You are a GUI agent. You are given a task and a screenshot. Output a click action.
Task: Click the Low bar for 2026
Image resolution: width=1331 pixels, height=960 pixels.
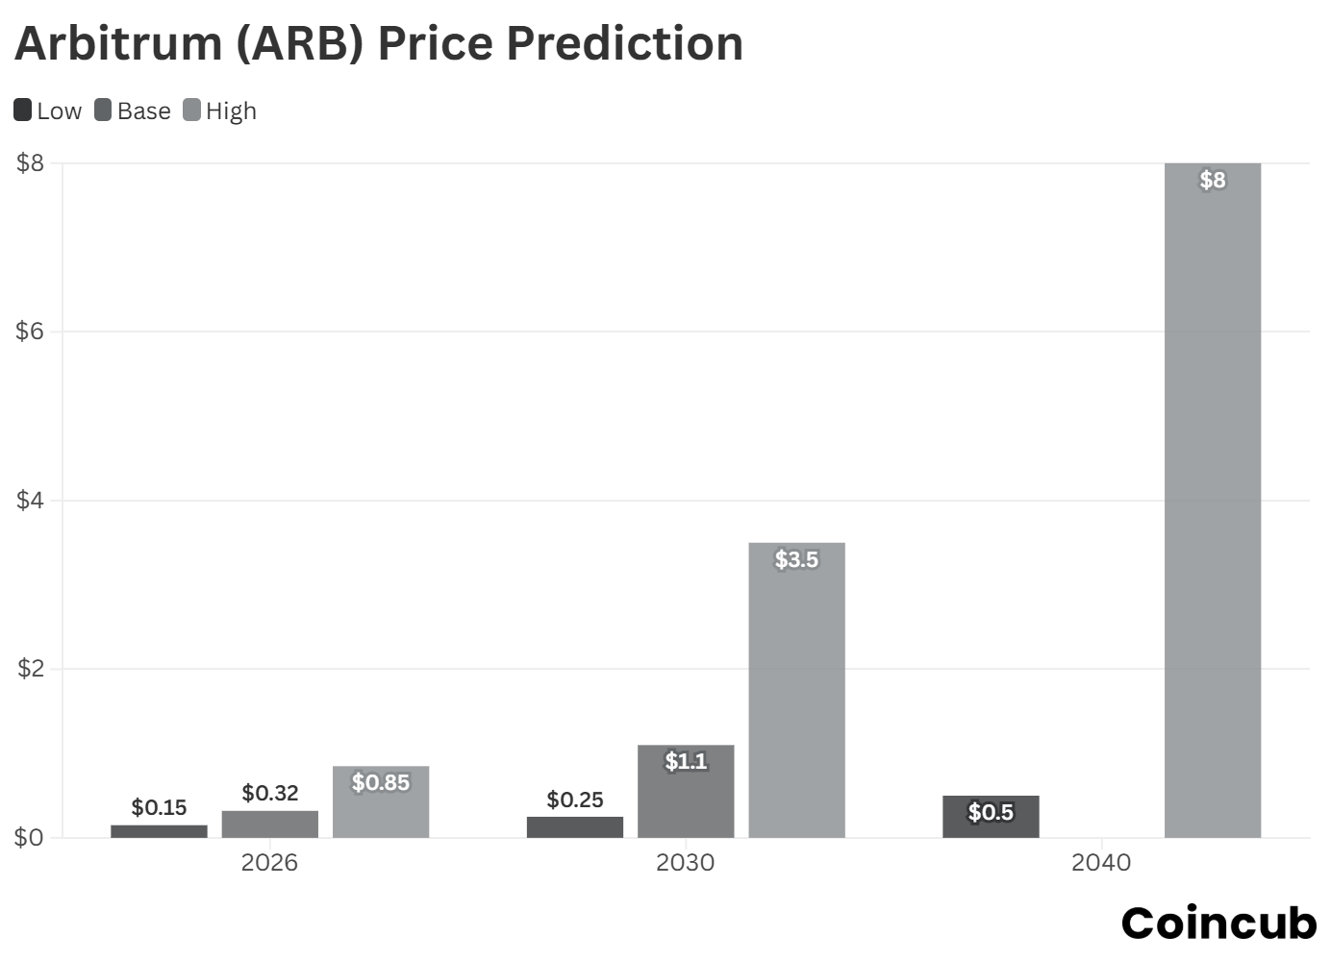point(159,831)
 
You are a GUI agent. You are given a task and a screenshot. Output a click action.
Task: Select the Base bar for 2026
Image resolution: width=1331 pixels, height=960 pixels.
point(270,825)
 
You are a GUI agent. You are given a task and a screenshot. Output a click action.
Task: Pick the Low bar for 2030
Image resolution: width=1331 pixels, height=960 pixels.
point(575,827)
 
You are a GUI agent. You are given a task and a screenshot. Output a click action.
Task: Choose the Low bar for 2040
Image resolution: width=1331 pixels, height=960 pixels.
point(991,818)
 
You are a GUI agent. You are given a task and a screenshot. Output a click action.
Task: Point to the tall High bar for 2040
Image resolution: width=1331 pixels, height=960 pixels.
point(1212,500)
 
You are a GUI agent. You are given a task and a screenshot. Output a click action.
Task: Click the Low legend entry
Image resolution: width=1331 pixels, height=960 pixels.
point(48,111)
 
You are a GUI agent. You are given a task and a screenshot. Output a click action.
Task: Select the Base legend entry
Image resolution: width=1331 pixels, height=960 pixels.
point(133,111)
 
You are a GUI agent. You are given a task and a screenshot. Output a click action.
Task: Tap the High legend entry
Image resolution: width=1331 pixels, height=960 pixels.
point(220,111)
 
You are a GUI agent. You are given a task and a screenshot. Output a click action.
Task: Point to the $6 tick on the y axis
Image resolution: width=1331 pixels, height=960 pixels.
point(30,332)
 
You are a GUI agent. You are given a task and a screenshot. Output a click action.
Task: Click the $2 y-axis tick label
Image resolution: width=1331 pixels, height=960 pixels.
point(30,669)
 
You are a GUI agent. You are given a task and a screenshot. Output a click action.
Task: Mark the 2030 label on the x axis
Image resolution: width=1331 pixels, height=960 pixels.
point(685,863)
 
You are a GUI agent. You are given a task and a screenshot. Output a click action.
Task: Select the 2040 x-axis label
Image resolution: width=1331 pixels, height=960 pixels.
point(1100,863)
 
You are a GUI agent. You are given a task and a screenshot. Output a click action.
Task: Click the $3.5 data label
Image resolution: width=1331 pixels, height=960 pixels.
point(796,559)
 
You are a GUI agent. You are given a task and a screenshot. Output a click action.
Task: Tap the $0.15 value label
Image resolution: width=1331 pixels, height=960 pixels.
point(159,807)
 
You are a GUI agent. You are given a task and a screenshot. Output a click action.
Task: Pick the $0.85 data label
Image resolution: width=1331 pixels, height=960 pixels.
point(381,783)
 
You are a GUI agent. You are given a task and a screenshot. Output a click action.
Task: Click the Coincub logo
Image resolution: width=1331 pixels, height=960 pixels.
point(1218,923)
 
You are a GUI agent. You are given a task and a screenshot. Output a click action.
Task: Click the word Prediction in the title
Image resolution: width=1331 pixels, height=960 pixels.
point(625,43)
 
